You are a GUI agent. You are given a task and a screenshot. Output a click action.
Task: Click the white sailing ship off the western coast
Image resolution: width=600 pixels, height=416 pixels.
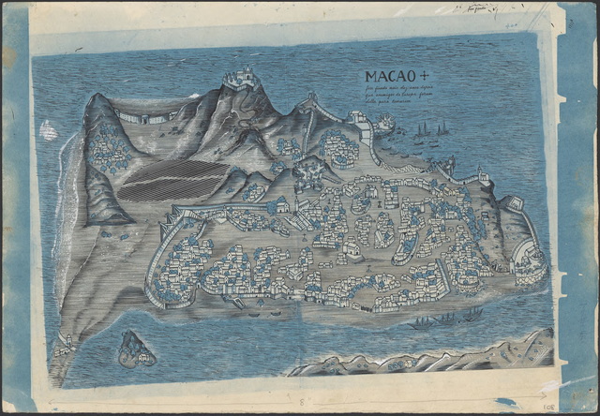(x=47, y=130)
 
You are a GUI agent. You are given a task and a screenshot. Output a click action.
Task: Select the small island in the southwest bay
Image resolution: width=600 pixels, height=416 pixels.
(x=136, y=349)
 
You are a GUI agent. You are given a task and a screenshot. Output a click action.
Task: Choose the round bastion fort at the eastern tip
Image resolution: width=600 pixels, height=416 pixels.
(x=531, y=256)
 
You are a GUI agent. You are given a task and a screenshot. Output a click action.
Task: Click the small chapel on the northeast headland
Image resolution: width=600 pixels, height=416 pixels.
(x=483, y=175)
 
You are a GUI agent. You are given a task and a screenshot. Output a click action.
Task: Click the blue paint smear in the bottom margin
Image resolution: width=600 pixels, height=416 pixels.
(x=507, y=404)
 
